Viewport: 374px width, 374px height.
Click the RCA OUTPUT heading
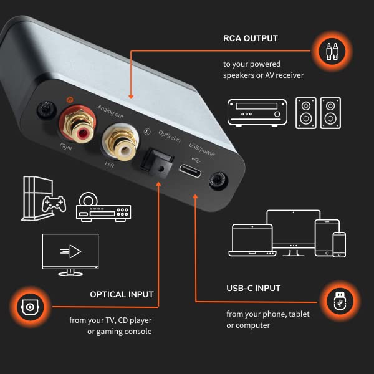251,38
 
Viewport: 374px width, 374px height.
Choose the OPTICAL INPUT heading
122,294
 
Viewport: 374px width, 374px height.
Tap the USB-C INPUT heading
253,289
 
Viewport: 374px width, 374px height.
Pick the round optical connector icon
29,306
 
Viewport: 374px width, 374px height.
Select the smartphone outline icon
339,244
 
